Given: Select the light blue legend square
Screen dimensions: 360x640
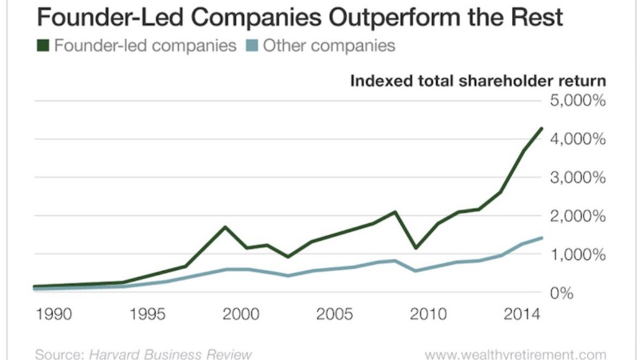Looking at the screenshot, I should pyautogui.click(x=252, y=45).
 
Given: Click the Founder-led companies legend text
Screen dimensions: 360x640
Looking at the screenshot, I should pyautogui.click(x=145, y=45).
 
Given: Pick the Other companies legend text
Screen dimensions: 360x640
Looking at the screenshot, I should pyautogui.click(x=329, y=45).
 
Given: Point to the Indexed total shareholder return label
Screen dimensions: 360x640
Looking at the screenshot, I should pyautogui.click(x=478, y=82).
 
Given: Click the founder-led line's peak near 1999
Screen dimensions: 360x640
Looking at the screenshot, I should pyautogui.click(x=224, y=227).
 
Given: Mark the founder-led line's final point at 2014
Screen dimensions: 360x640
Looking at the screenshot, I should pyautogui.click(x=542, y=129).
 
